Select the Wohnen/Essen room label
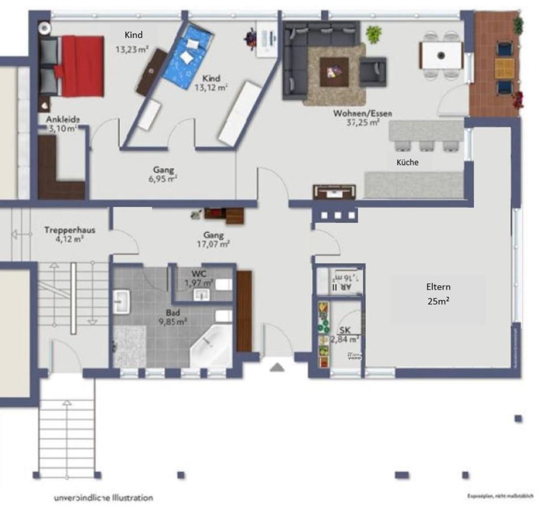tap(363, 117)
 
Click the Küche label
tap(407, 162)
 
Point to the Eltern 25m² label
tap(438, 294)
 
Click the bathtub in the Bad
tap(210, 346)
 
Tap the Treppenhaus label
tap(70, 234)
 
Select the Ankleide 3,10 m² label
tap(62, 124)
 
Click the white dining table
tap(441, 55)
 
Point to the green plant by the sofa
tap(373, 34)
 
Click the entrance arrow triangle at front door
tap(277, 368)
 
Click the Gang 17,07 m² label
tap(214, 240)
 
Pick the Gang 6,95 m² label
tap(163, 174)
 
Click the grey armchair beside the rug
tap(373, 71)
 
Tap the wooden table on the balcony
tap(504, 68)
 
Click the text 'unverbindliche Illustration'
tap(103, 498)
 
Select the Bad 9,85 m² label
tap(173, 317)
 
